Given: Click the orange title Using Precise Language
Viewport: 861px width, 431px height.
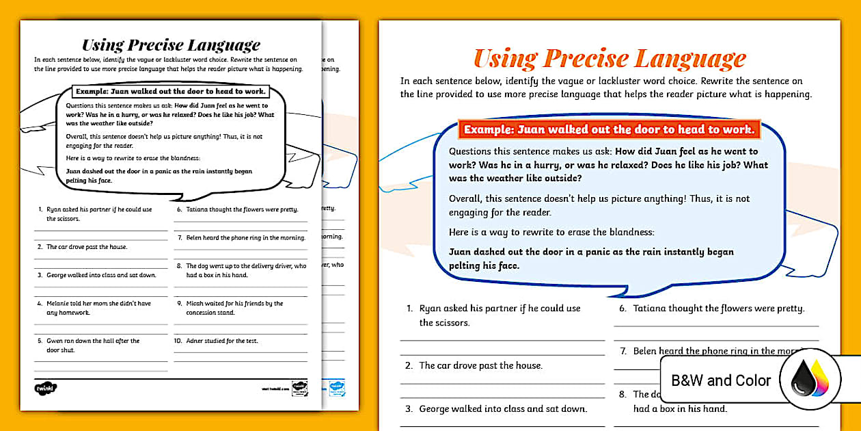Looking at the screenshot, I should point(610,59).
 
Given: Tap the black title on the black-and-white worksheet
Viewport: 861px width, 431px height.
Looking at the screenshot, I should point(171,45).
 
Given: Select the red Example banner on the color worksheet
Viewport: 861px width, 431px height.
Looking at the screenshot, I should point(610,129).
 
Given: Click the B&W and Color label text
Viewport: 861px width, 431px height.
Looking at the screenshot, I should point(721,380).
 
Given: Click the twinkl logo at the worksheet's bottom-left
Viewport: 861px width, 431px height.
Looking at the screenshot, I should point(46,389).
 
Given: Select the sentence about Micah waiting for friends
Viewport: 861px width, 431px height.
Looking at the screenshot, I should point(234,308).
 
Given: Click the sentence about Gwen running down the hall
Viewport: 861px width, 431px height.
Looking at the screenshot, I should point(93,345).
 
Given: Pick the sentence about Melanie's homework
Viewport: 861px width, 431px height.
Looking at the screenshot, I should point(98,308).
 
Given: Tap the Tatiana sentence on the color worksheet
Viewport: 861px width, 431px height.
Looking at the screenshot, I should point(718,309).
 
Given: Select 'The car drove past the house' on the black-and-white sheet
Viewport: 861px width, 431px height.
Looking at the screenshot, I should point(87,247).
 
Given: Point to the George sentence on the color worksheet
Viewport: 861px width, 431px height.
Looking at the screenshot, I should point(503,409).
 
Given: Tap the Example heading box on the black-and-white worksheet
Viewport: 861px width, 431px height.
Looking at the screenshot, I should point(170,91).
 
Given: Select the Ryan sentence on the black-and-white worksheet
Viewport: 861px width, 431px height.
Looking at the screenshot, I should point(99,214).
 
